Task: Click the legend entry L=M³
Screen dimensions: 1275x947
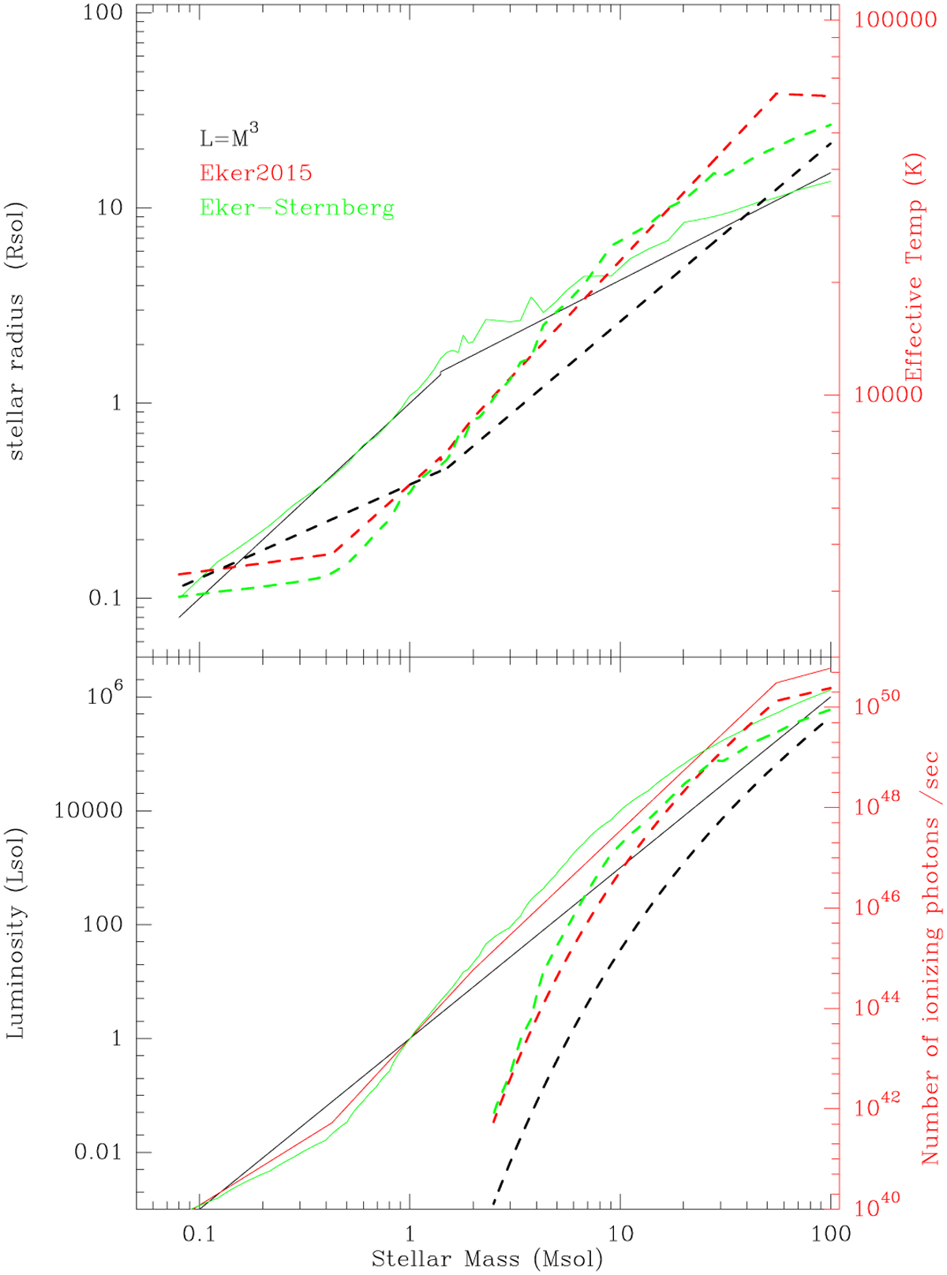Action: (229, 138)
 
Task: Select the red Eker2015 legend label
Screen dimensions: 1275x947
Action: (256, 173)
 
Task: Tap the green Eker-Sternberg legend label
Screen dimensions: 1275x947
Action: (297, 208)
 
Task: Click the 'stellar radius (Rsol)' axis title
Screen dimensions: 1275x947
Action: (17, 331)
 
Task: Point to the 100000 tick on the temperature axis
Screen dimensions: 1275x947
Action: (893, 20)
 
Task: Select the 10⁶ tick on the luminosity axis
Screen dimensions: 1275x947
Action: (109, 696)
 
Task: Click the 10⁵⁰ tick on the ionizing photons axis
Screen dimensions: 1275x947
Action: (877, 705)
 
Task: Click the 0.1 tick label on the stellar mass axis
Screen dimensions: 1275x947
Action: (200, 1234)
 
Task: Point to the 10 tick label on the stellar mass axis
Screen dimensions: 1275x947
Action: (620, 1234)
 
